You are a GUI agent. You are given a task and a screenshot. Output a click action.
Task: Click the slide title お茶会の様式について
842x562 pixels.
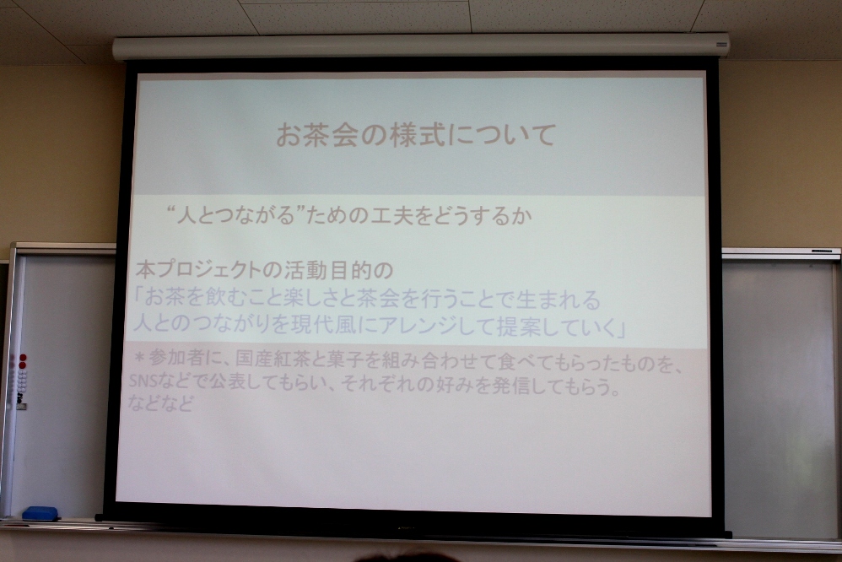415,135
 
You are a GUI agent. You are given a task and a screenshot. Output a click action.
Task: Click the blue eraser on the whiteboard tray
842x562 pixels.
40,514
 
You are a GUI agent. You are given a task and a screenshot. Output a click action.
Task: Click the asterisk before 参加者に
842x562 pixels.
139,357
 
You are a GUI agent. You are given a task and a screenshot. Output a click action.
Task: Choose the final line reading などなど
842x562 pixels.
160,403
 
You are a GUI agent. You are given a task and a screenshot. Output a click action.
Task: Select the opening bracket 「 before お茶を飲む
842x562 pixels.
138,297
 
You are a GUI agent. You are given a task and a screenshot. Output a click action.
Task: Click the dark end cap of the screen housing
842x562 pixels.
721,45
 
